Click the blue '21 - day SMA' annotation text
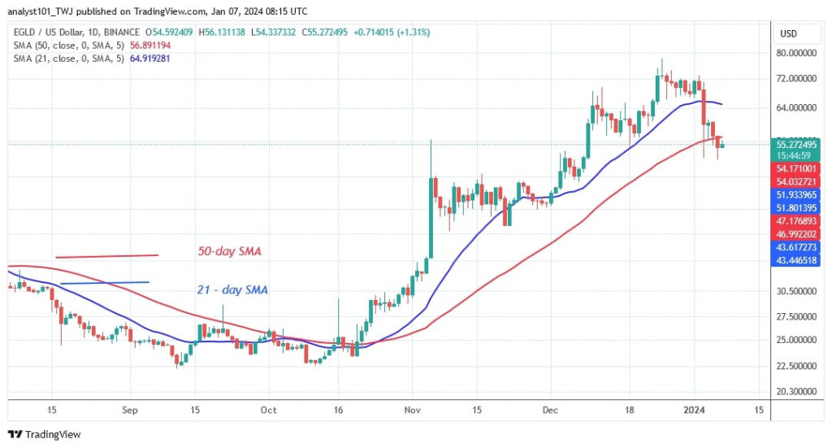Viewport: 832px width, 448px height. tap(232, 289)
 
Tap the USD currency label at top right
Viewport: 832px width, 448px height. tap(787, 33)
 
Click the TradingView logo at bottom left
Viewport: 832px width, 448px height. tap(45, 434)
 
